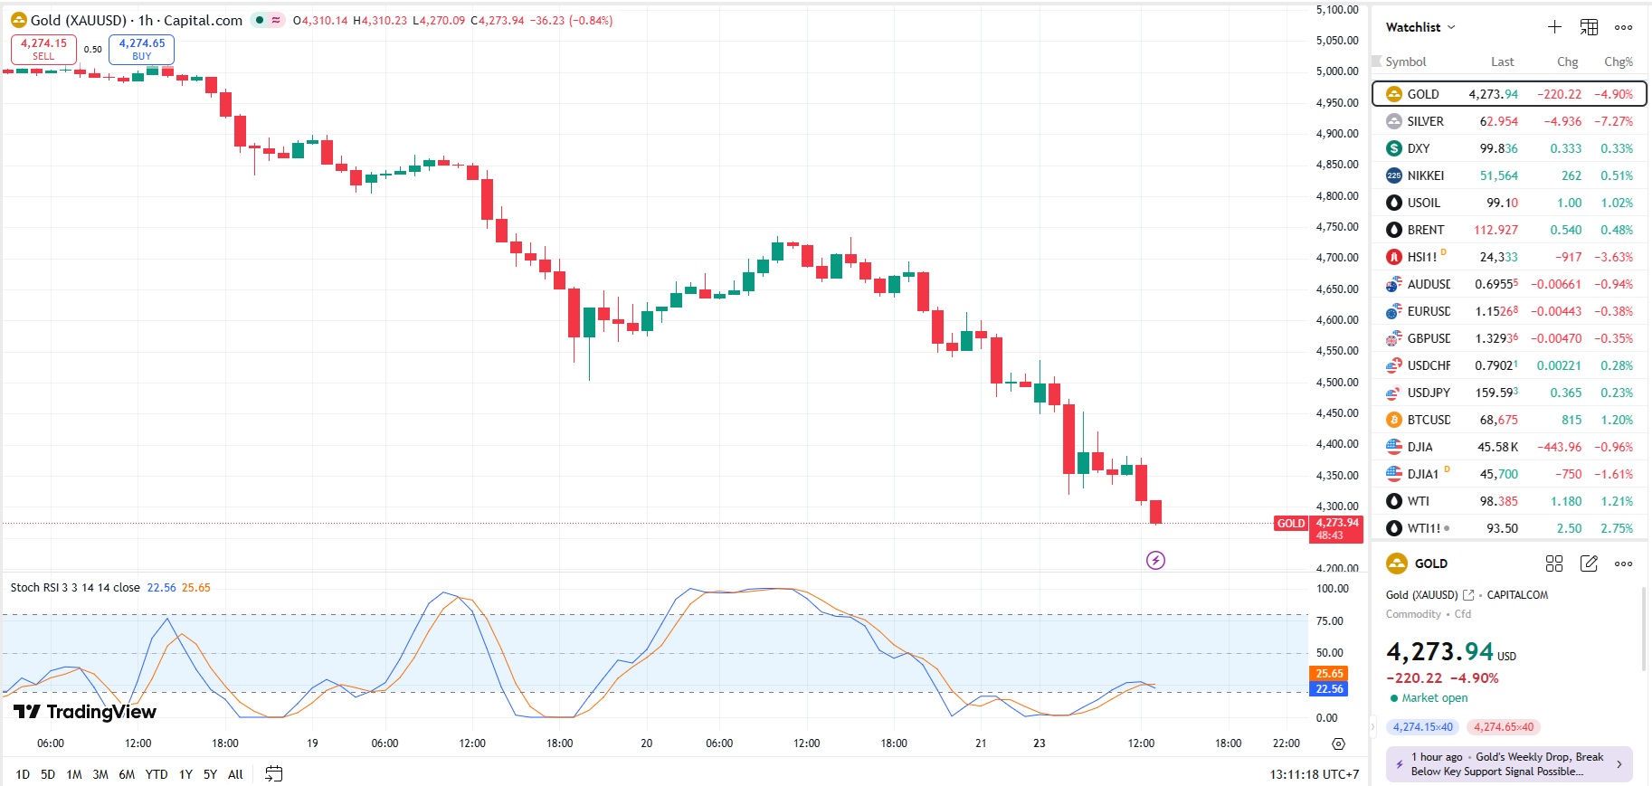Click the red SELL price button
coord(43,49)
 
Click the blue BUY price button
coord(142,49)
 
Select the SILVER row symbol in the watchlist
coord(1425,121)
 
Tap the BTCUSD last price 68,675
coord(1498,420)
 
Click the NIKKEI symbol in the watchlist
coord(1425,175)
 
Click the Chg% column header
coord(1618,62)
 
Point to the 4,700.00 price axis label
coord(1336,258)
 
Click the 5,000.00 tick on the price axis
coord(1336,71)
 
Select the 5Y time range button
coord(210,774)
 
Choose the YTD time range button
coord(157,774)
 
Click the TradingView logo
coord(85,712)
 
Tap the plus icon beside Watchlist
coord(1554,27)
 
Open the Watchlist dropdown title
coord(1420,27)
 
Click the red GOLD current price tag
coord(1291,524)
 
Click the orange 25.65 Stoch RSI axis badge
coord(1329,674)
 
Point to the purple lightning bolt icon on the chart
coord(1155,561)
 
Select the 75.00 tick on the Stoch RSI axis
coord(1329,621)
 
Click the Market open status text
coord(1435,698)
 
